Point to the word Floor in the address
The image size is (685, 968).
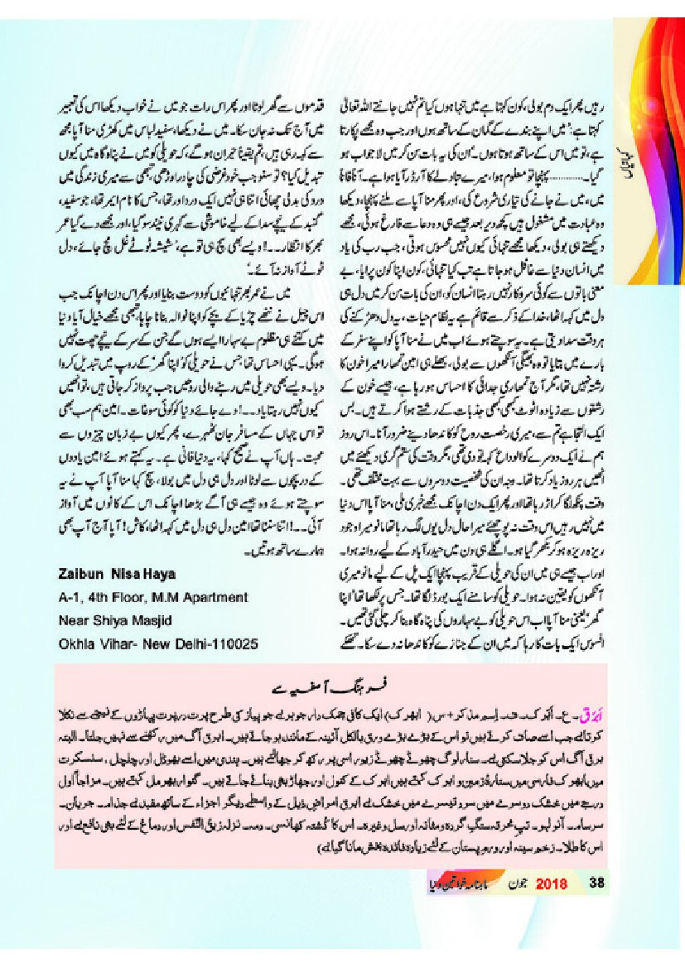(x=124, y=596)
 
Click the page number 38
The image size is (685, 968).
(x=596, y=882)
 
